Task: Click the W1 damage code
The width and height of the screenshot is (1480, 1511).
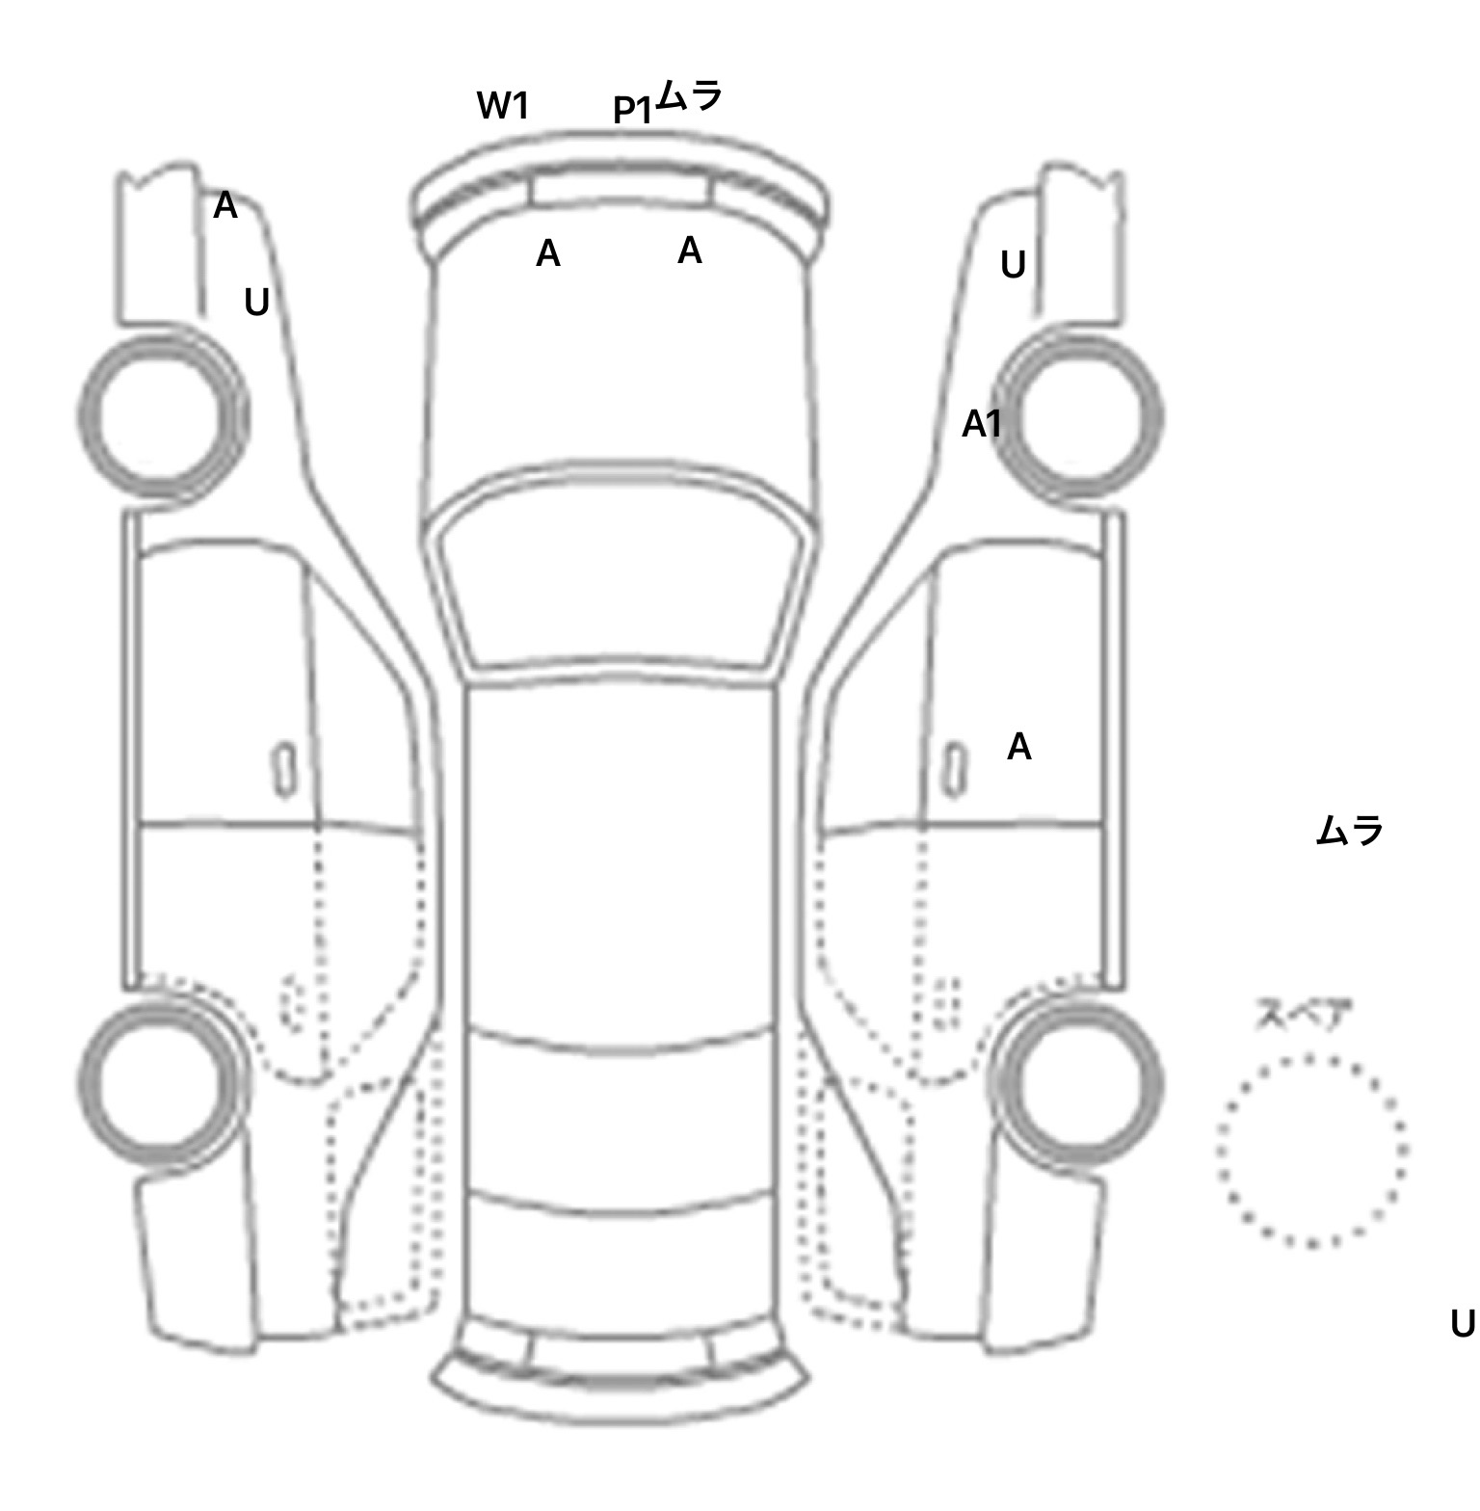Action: click(x=503, y=105)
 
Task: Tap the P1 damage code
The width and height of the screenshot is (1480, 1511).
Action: click(x=633, y=111)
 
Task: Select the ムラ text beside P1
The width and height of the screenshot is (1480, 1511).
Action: click(x=688, y=96)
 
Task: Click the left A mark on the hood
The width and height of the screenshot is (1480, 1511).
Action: click(x=547, y=254)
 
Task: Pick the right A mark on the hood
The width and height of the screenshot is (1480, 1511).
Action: click(x=689, y=251)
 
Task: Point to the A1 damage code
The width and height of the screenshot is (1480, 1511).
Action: click(x=982, y=424)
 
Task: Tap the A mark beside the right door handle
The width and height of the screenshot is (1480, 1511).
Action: click(x=1018, y=747)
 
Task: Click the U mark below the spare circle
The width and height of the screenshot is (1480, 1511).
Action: click(x=1462, y=1325)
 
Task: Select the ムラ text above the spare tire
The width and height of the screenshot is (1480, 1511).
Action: click(x=1349, y=830)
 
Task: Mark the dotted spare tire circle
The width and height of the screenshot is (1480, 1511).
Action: click(x=1311, y=1151)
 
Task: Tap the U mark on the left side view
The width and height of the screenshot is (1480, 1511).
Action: click(x=256, y=304)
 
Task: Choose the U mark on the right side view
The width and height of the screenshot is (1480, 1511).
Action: click(x=1013, y=265)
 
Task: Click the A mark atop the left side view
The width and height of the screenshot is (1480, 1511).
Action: click(x=225, y=205)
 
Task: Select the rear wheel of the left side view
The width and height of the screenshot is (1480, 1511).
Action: click(x=161, y=1078)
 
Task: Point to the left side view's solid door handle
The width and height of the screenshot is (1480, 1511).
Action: click(x=284, y=771)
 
